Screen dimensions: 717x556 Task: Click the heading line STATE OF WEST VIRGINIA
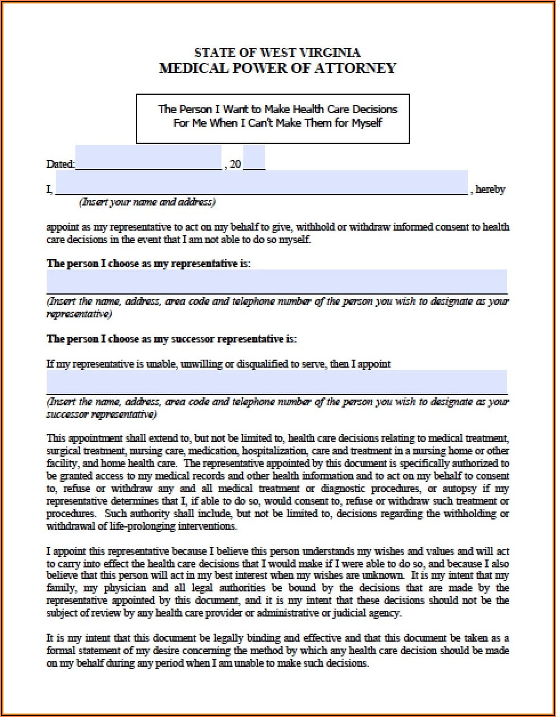(x=277, y=53)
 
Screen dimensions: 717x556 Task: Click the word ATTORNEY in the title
(x=359, y=69)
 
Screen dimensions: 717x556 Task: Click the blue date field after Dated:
(x=148, y=158)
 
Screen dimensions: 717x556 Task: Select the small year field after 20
(x=254, y=158)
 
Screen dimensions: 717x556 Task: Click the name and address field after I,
(x=261, y=183)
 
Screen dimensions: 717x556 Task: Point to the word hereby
(x=490, y=190)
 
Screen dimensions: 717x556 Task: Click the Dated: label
(x=60, y=164)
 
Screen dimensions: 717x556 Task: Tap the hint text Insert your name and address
(x=147, y=202)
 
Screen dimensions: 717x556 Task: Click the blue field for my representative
(x=276, y=281)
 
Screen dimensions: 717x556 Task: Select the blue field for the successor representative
(x=276, y=381)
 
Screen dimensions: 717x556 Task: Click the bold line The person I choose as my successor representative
(x=171, y=339)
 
